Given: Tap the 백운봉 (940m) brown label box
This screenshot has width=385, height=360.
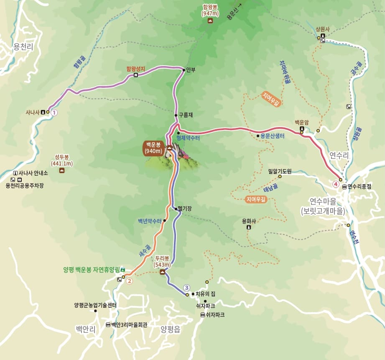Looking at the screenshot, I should tap(154, 148).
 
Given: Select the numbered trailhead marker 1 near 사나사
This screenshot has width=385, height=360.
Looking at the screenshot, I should tap(54, 112).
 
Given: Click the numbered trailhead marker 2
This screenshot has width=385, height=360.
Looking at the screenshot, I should tap(129, 281).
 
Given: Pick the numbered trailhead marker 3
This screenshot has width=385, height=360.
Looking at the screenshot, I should tap(187, 287).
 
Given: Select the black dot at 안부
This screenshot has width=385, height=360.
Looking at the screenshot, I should tap(184, 70).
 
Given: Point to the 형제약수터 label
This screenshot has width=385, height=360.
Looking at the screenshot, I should tap(188, 138).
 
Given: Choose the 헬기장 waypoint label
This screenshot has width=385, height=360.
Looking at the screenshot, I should tap(184, 208).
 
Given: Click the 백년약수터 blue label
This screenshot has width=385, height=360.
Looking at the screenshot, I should tap(150, 221).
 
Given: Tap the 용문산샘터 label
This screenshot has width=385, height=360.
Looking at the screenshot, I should tap(273, 135).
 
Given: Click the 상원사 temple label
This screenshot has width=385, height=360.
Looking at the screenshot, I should tap(323, 29).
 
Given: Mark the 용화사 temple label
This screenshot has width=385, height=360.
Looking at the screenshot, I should tap(249, 221).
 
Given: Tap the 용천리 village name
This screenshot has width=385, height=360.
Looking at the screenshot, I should tap(23, 47).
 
